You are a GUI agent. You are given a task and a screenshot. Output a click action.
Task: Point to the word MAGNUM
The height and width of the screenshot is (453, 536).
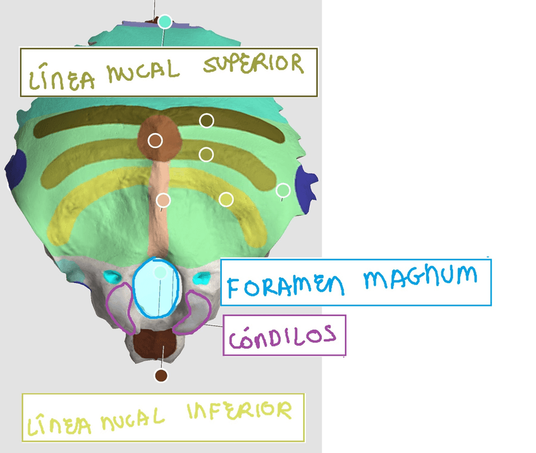(x=420, y=277)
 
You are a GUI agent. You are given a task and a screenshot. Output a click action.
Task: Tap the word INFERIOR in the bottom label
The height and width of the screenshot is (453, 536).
(x=240, y=412)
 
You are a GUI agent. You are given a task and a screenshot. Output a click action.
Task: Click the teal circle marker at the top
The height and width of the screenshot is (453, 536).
(x=165, y=21)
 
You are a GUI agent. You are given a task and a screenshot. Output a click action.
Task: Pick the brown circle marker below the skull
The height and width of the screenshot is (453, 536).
(x=161, y=376)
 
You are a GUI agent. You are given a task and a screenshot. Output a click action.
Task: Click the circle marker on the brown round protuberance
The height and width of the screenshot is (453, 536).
(x=155, y=140)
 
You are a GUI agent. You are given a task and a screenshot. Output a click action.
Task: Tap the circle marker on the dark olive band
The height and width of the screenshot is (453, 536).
(x=207, y=120)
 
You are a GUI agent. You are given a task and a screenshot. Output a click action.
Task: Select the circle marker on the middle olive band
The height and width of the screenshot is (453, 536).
(x=206, y=154)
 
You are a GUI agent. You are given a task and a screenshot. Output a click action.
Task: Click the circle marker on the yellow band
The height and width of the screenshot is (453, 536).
(x=226, y=200)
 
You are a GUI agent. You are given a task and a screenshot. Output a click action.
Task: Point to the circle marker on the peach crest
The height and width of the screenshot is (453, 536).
(x=163, y=201)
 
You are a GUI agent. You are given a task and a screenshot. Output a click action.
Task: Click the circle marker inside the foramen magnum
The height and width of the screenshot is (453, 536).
(x=160, y=272)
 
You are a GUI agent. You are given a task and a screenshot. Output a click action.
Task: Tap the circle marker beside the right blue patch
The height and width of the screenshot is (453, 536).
(x=283, y=190)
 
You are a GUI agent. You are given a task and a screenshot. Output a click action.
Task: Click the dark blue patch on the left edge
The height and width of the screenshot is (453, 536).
(x=15, y=167)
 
